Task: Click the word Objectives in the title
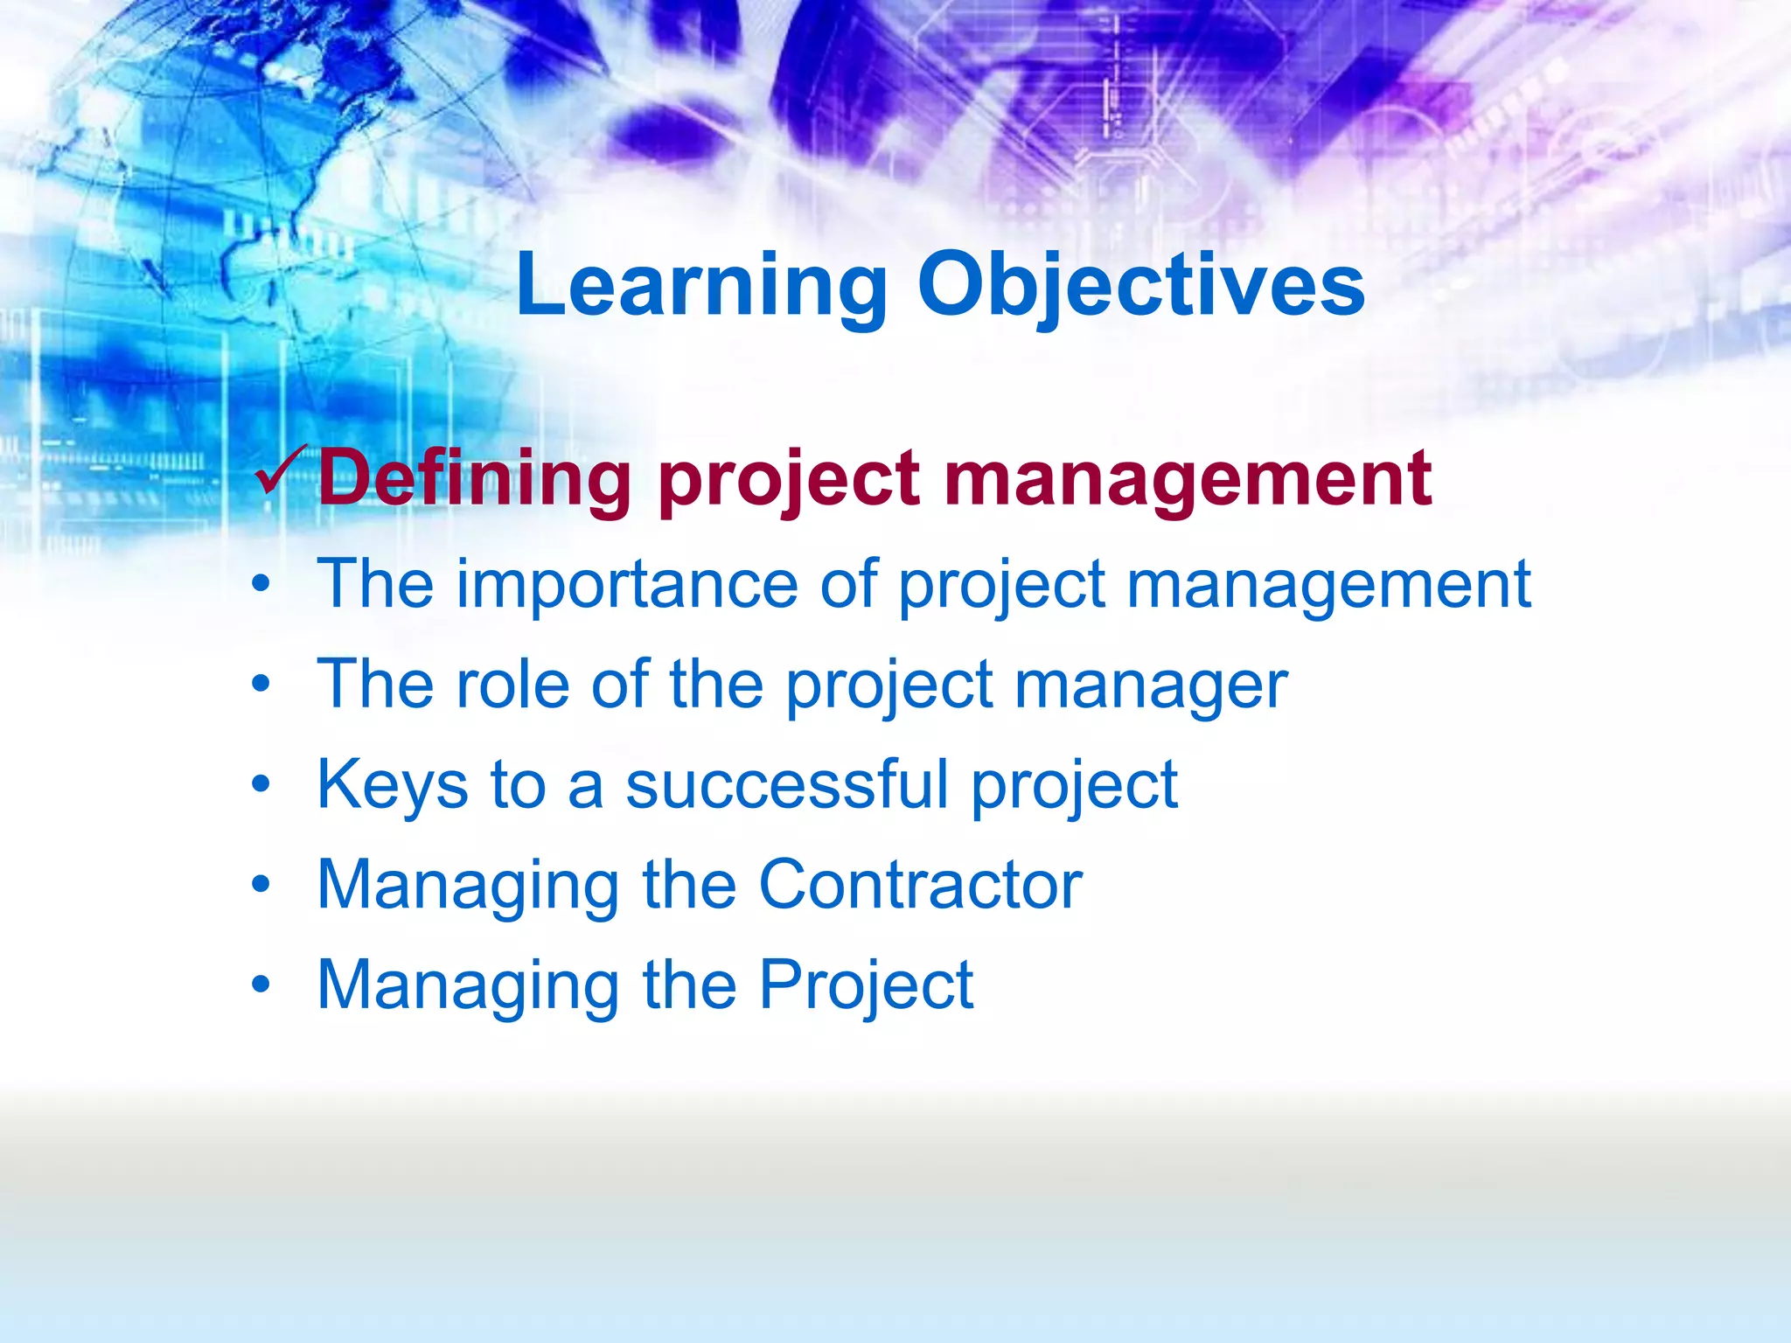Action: pyautogui.click(x=1140, y=286)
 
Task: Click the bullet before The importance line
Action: pyautogui.click(x=261, y=584)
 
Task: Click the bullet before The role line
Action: pyautogui.click(x=261, y=684)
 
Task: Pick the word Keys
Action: pyautogui.click(x=393, y=785)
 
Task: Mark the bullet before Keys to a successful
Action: pyautogui.click(x=261, y=784)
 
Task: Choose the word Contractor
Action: pyautogui.click(x=920, y=885)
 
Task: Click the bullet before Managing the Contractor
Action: pyautogui.click(x=261, y=885)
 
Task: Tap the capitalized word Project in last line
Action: pyautogui.click(x=865, y=986)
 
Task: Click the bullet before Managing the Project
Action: pyautogui.click(x=261, y=985)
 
